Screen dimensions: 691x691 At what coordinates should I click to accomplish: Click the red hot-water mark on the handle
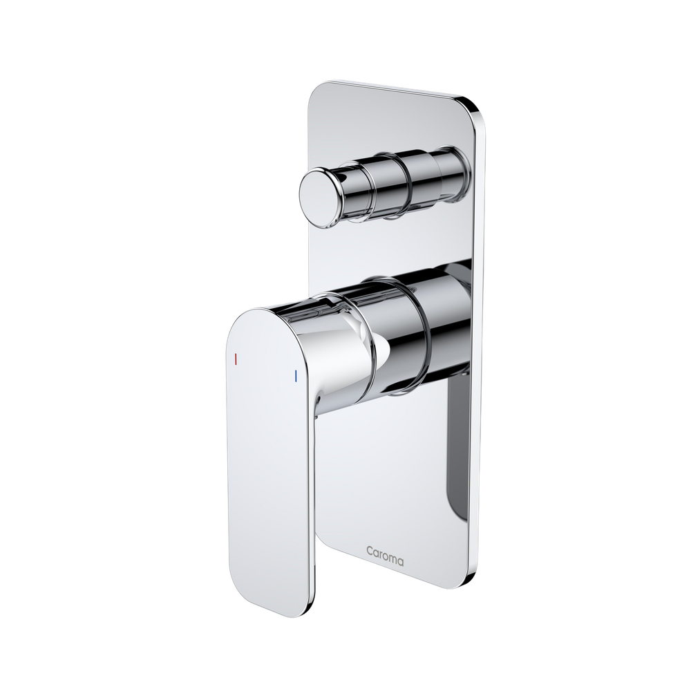click(236, 360)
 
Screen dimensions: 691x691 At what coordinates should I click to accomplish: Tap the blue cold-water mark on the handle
click(295, 377)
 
